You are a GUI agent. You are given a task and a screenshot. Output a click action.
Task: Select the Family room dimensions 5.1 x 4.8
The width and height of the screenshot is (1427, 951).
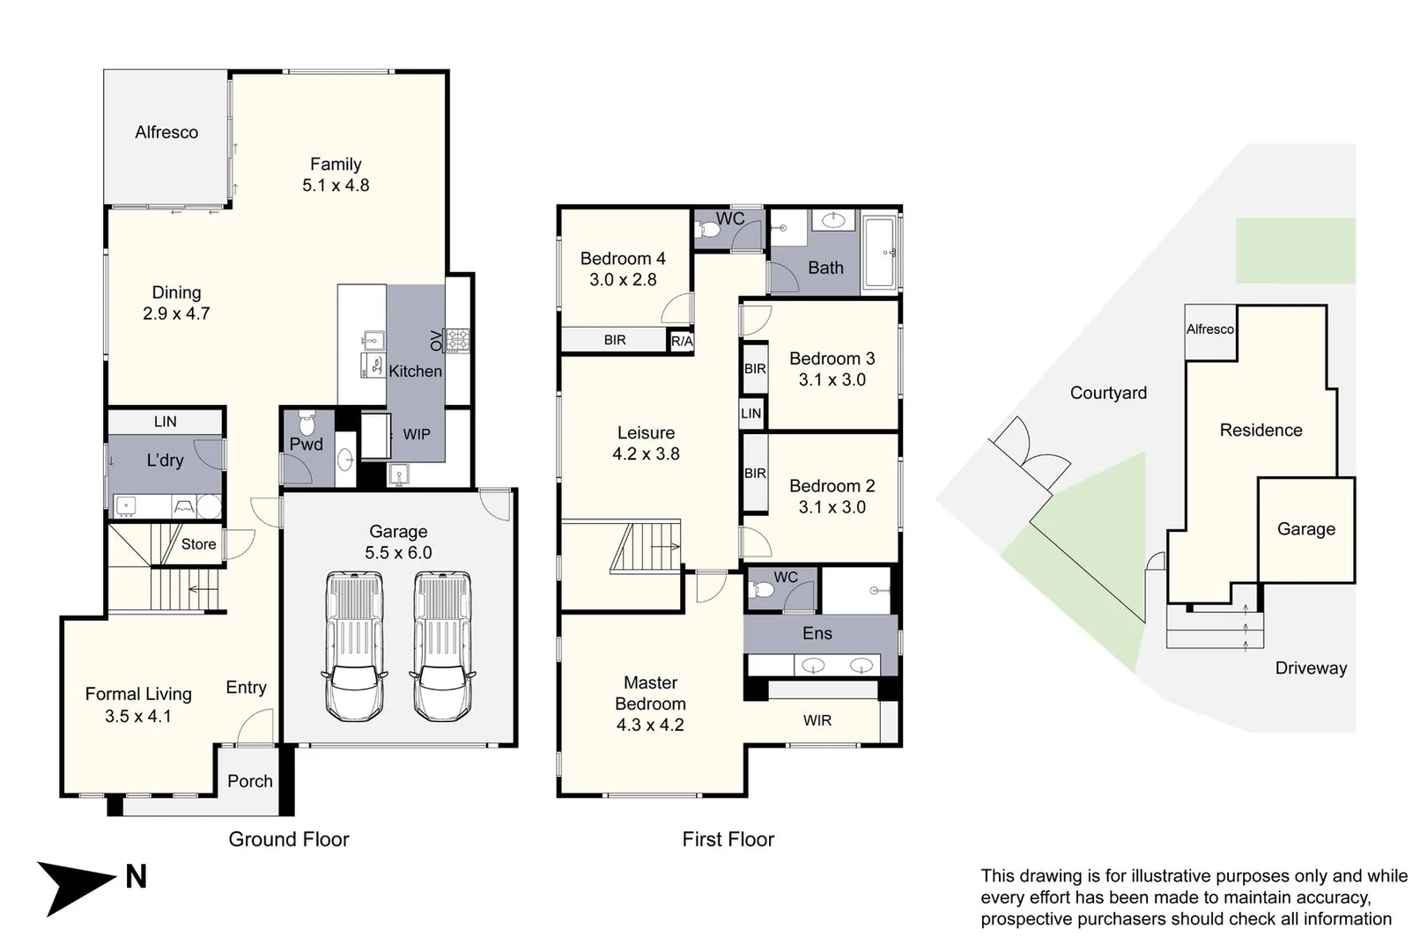pos(336,186)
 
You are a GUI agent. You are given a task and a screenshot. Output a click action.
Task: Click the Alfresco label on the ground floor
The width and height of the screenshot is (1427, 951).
pos(166,132)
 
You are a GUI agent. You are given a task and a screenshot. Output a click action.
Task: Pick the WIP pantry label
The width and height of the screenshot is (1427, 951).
pos(417,434)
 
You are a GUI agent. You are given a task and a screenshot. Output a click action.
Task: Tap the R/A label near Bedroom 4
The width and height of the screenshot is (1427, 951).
pos(682,341)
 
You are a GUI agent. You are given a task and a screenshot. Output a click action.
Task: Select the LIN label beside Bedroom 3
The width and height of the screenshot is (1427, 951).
pos(751,413)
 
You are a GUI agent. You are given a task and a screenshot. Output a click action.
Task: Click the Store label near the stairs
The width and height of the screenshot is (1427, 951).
pos(198,544)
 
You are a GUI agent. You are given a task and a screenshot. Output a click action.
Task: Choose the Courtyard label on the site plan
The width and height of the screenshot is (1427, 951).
pos(1108,393)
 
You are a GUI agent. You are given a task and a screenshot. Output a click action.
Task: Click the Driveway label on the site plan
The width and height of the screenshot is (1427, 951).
pos(1311,668)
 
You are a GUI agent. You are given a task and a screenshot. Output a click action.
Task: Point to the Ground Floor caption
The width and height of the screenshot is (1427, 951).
pos(289,839)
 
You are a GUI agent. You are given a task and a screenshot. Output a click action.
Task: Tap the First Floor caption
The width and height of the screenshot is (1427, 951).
pos(728,839)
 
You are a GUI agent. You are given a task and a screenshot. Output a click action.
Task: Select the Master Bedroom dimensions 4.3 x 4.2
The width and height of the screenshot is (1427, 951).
pos(650,725)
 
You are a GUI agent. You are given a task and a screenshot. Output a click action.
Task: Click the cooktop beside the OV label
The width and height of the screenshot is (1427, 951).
pos(457,340)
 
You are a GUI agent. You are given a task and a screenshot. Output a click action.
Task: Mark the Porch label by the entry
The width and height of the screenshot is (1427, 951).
pos(250,781)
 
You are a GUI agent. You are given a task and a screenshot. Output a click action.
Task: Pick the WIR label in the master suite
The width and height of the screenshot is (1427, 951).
pos(817,720)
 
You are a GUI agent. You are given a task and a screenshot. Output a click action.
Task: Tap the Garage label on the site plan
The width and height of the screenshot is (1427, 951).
pos(1305,529)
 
